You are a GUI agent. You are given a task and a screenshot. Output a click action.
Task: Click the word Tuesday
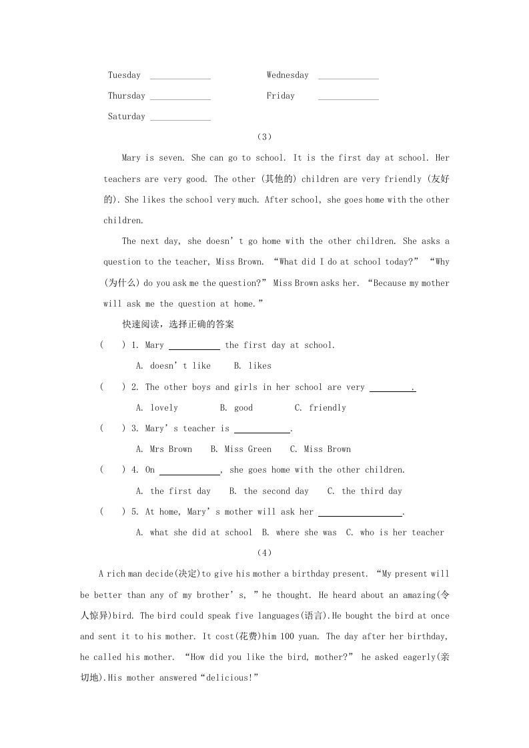tap(124, 75)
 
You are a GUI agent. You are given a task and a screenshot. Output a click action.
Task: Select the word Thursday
tap(126, 96)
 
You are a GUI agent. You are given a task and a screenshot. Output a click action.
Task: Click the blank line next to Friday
tap(348, 98)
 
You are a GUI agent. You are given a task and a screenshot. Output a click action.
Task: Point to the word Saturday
tap(126, 117)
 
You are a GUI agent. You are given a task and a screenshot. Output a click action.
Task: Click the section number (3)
tap(264, 137)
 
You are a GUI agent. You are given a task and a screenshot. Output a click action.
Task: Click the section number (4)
tap(264, 553)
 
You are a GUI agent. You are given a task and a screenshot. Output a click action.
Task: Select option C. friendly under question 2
tap(320, 408)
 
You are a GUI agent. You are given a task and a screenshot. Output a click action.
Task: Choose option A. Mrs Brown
tap(163, 449)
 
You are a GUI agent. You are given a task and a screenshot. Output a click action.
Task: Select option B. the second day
tap(269, 491)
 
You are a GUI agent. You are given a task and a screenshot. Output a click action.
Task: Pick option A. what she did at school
tap(193, 533)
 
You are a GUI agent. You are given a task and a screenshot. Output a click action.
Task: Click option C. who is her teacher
tap(394, 533)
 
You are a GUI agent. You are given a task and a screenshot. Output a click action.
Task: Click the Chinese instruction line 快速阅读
tap(177, 325)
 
